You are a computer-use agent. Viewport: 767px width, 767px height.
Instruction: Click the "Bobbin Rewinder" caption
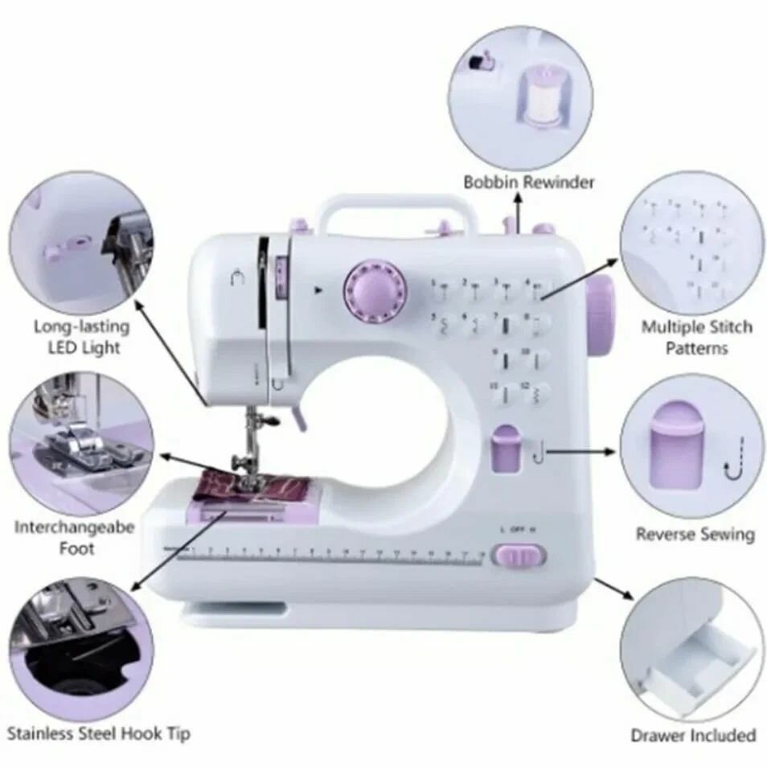point(528,182)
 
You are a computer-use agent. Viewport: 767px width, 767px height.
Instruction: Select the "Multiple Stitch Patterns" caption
point(696,338)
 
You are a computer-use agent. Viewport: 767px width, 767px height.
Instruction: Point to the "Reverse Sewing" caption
point(695,534)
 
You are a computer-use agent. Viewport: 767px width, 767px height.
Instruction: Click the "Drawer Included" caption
point(692,735)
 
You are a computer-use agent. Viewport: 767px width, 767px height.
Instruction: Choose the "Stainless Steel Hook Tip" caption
point(99,733)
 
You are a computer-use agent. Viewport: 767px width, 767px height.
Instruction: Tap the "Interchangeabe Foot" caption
point(74,538)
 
